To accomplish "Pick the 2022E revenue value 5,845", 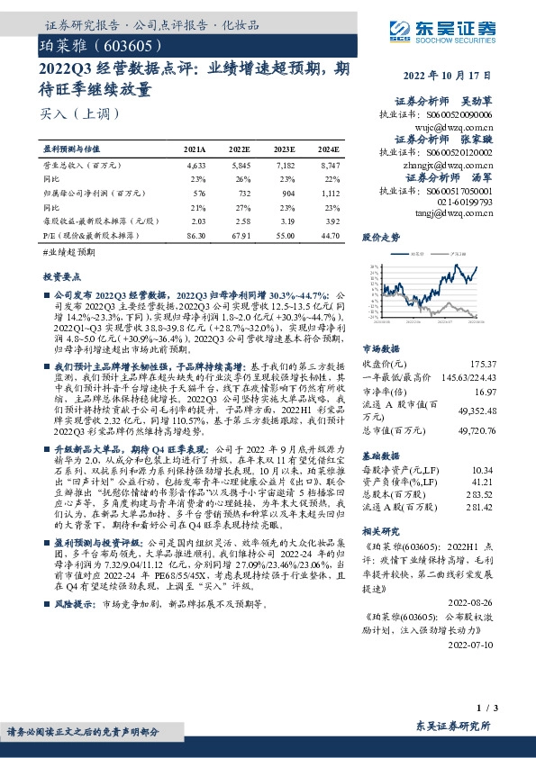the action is pyautogui.click(x=241, y=167).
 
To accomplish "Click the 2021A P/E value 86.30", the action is pyautogui.click(x=195, y=234).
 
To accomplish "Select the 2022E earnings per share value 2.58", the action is pyautogui.click(x=241, y=220).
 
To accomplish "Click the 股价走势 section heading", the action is pyautogui.click(x=380, y=239).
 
